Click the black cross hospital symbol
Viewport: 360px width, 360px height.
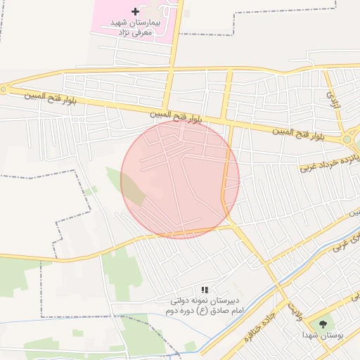tap(136, 11)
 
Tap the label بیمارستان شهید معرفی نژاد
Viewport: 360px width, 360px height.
tap(136, 27)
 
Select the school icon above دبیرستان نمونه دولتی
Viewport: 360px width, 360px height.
tap(205, 290)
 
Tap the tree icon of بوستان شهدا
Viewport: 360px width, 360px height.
tap(323, 324)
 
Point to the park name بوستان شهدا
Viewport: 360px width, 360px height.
tap(323, 336)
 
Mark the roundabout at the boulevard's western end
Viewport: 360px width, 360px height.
tap(4, 89)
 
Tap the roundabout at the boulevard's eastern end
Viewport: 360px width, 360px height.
tap(347, 139)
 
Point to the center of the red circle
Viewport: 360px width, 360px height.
tap(180, 179)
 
